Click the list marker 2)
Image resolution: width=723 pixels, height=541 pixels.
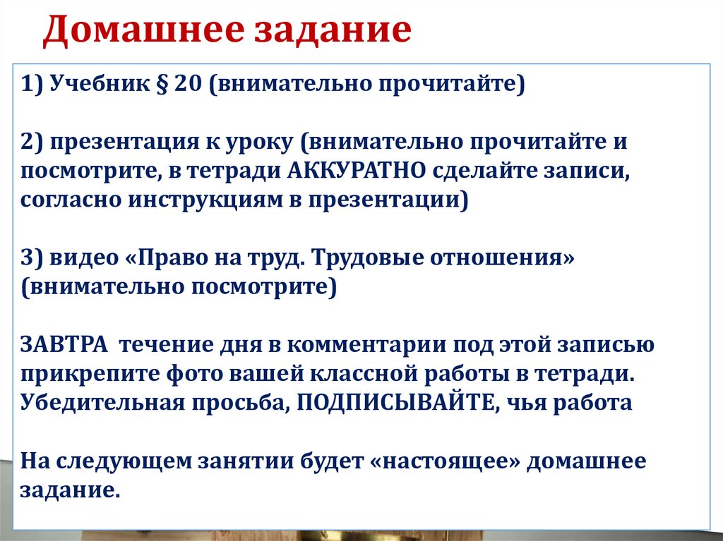click(x=33, y=141)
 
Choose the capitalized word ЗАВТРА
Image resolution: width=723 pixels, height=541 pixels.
click(x=64, y=345)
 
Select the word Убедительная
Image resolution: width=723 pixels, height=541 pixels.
click(x=96, y=403)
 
